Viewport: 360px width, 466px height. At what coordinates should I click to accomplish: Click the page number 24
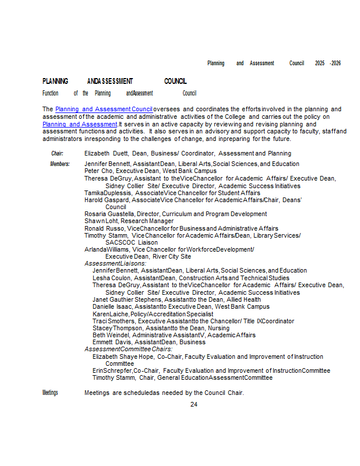click(194, 404)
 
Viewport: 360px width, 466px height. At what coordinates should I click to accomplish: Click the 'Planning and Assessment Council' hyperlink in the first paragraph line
click(104, 109)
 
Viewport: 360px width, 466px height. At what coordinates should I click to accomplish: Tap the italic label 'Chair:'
click(57, 153)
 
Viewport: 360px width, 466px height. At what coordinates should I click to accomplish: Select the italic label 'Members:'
click(59, 164)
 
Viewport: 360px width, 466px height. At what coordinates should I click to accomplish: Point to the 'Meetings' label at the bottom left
click(50, 393)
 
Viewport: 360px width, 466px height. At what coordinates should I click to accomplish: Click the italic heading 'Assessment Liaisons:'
click(115, 263)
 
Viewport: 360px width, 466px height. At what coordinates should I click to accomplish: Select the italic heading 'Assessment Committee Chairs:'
click(128, 349)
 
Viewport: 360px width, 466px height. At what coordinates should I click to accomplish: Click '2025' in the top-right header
click(320, 63)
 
